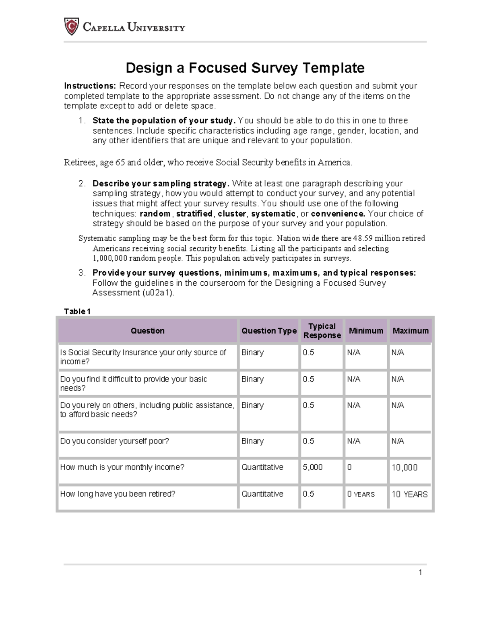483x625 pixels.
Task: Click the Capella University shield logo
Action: (x=71, y=27)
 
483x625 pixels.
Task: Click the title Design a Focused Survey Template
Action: (x=245, y=68)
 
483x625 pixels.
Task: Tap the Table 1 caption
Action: (x=77, y=311)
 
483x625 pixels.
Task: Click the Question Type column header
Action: (x=268, y=331)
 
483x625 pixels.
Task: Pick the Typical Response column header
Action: (x=322, y=331)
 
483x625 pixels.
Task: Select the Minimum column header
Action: (x=365, y=331)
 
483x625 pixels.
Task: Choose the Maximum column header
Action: (x=410, y=331)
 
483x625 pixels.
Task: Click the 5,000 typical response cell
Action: (x=313, y=467)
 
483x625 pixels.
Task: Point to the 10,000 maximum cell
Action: (x=404, y=468)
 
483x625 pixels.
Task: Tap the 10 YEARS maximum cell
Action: (x=409, y=494)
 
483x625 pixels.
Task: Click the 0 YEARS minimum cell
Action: (x=361, y=494)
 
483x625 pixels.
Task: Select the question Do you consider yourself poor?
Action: (x=114, y=441)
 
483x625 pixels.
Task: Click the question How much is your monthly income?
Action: (x=122, y=467)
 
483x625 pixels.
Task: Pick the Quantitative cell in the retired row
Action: (x=262, y=494)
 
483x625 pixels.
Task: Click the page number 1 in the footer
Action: (x=420, y=573)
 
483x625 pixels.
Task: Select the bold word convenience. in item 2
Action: (x=338, y=214)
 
